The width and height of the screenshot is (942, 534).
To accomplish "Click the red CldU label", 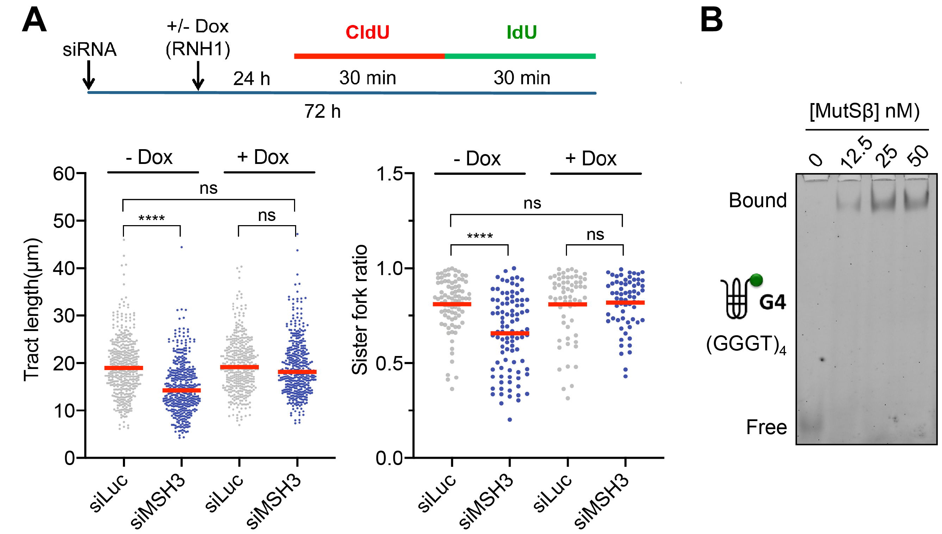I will pyautogui.click(x=367, y=32).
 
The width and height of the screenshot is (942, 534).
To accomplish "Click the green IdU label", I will pyautogui.click(x=521, y=32).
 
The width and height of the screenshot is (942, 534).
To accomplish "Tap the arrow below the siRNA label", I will pyautogui.click(x=88, y=75).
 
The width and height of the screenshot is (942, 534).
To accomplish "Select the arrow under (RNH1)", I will pyautogui.click(x=198, y=76).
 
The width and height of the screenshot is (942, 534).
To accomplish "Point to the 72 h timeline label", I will pyautogui.click(x=322, y=112).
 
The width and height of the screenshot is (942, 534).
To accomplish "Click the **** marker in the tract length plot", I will pyautogui.click(x=151, y=218).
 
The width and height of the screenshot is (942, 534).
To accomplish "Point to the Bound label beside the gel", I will pyautogui.click(x=757, y=200).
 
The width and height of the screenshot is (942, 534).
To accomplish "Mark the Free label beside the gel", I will pyautogui.click(x=766, y=427).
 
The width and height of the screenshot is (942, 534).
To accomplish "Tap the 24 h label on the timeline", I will pyautogui.click(x=251, y=78).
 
